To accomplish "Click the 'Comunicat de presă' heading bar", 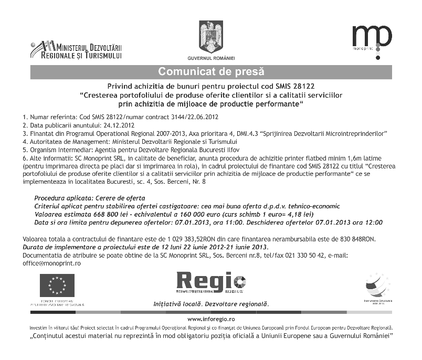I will pos(211,71).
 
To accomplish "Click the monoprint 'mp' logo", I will pos(371,37).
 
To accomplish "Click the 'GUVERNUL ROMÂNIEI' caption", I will pos(211,57).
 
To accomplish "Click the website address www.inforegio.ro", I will pos(211,319).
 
